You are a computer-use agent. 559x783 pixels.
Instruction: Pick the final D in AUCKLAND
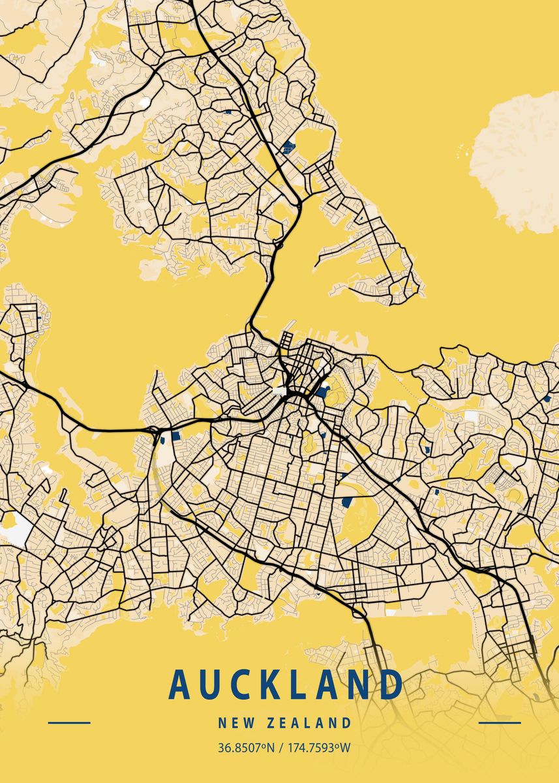[390, 684]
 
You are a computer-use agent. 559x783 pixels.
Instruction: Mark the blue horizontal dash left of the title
[69, 722]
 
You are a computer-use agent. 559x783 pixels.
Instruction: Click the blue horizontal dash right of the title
[500, 722]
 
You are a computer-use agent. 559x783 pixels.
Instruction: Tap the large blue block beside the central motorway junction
[323, 393]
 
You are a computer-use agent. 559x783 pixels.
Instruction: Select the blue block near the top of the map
[288, 147]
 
